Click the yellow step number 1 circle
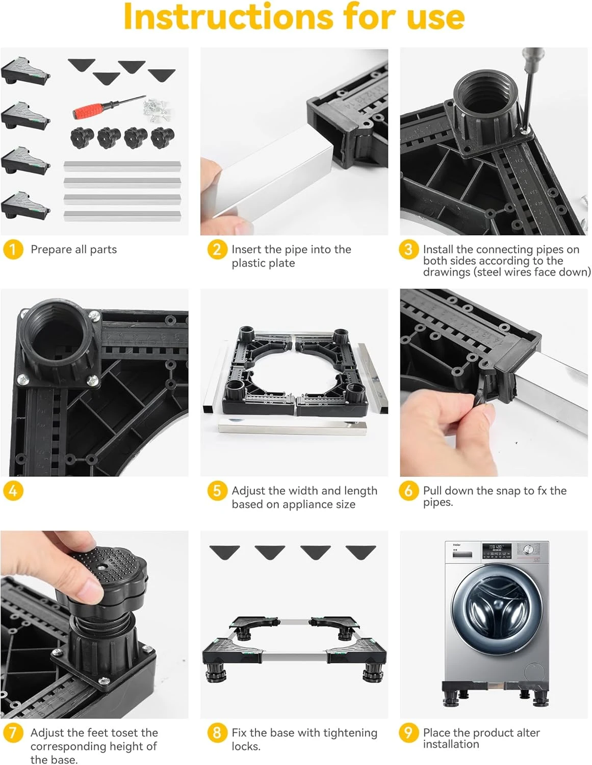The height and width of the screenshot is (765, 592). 13,249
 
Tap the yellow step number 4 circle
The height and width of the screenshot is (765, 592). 13,491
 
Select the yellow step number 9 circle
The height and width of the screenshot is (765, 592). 408,732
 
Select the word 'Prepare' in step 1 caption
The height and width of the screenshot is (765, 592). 52,249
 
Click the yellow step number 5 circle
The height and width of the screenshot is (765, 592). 217,491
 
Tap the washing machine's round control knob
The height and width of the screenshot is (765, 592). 527,549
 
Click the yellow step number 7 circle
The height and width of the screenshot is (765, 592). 13,732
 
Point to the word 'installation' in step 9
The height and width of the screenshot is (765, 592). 451,744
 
